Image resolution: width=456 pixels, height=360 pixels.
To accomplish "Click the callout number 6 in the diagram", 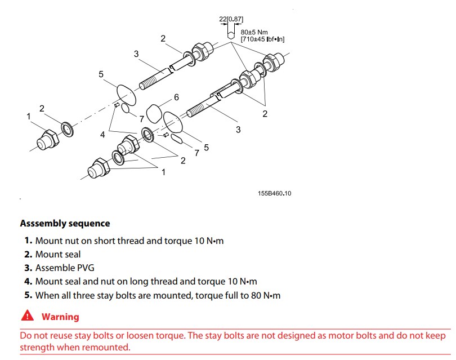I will tap(176, 97).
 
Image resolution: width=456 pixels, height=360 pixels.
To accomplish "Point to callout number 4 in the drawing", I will tap(103, 135).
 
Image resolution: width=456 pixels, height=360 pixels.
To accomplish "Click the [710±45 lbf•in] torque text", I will tap(262, 39).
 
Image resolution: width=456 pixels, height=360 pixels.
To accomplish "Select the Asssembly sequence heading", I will tap(65, 224).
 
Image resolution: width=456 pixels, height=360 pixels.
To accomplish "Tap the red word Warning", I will tap(60, 317).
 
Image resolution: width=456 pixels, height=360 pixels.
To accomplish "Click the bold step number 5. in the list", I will tap(28, 295).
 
